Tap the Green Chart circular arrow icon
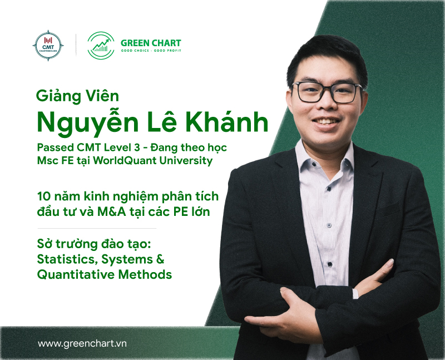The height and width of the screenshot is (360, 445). tap(101, 45)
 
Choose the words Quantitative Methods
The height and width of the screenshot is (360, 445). tap(104, 274)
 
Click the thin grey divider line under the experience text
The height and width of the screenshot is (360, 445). tap(97, 228)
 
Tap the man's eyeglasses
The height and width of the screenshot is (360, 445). tap(328, 92)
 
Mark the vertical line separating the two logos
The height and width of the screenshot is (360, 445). tap(76, 45)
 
